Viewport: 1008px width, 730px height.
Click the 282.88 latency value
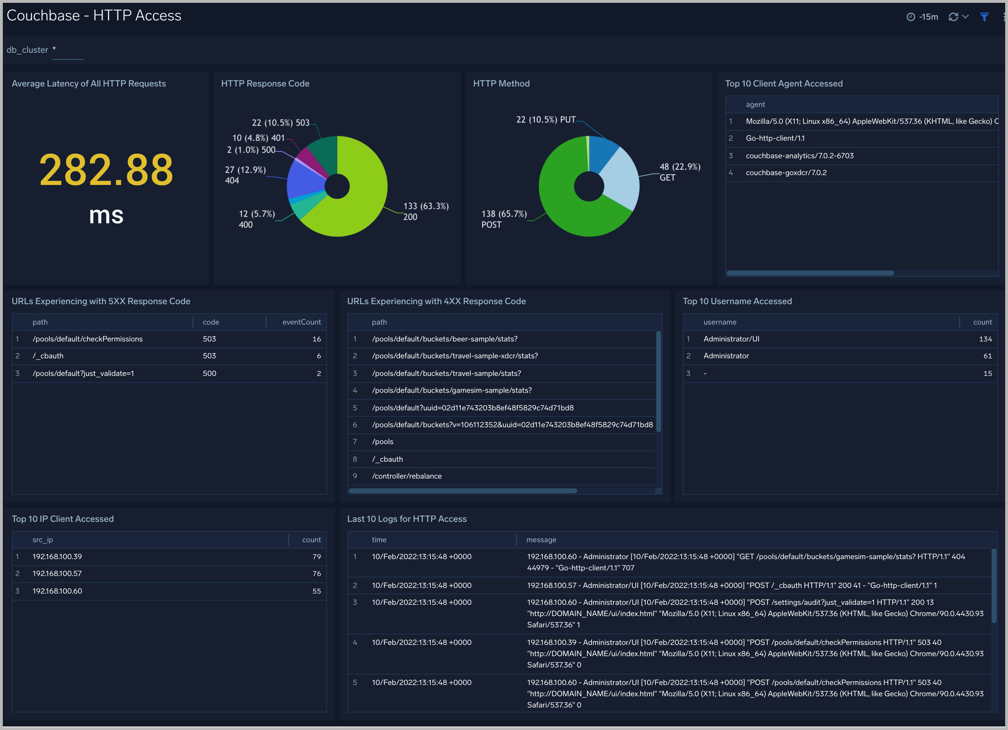point(106,170)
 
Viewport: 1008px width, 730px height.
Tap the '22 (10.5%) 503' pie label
point(280,123)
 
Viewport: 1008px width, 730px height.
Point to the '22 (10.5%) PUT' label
point(546,120)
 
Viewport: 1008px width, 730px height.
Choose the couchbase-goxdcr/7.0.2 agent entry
point(786,173)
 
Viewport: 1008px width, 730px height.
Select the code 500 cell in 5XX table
point(209,373)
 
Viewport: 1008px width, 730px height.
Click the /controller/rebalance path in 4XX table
point(407,476)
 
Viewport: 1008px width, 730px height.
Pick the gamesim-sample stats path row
point(452,390)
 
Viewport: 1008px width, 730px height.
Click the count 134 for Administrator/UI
point(985,339)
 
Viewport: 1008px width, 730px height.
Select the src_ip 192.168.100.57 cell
point(57,574)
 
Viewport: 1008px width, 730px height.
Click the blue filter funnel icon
point(984,17)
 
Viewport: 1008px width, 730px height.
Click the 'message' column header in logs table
point(541,540)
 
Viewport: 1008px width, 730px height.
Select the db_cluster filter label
point(27,50)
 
